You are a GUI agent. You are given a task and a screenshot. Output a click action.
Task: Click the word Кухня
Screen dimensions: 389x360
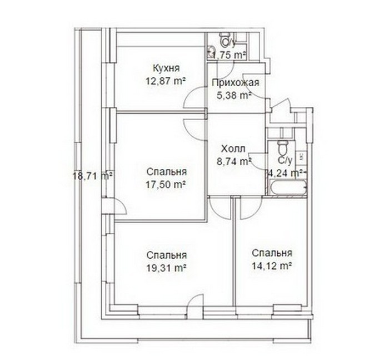pyautogui.click(x=166, y=68)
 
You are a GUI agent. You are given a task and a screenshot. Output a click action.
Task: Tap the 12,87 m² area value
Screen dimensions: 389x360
pyautogui.click(x=166, y=81)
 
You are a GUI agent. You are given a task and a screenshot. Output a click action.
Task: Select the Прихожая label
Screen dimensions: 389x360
pyautogui.click(x=236, y=82)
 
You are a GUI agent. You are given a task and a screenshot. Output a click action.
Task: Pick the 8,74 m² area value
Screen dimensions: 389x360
pyautogui.click(x=234, y=161)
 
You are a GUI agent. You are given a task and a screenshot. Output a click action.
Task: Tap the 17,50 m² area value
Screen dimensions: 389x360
pyautogui.click(x=166, y=185)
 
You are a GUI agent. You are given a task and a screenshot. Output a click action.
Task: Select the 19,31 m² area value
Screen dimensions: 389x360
pyautogui.click(x=166, y=268)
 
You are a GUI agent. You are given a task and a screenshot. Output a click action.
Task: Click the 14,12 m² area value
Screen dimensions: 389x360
pyautogui.click(x=272, y=266)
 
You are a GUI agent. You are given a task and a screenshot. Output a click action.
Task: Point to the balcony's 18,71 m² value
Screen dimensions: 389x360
pyautogui.click(x=93, y=176)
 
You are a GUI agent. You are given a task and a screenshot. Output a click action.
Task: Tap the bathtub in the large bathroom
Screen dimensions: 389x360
pyautogui.click(x=288, y=188)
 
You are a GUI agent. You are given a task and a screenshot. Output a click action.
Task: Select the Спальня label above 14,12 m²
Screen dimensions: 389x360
pyautogui.click(x=272, y=253)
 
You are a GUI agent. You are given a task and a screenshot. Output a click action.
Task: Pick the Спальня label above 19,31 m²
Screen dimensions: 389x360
pyautogui.click(x=166, y=255)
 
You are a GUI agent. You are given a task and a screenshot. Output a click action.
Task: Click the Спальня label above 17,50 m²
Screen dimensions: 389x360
pyautogui.click(x=166, y=172)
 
